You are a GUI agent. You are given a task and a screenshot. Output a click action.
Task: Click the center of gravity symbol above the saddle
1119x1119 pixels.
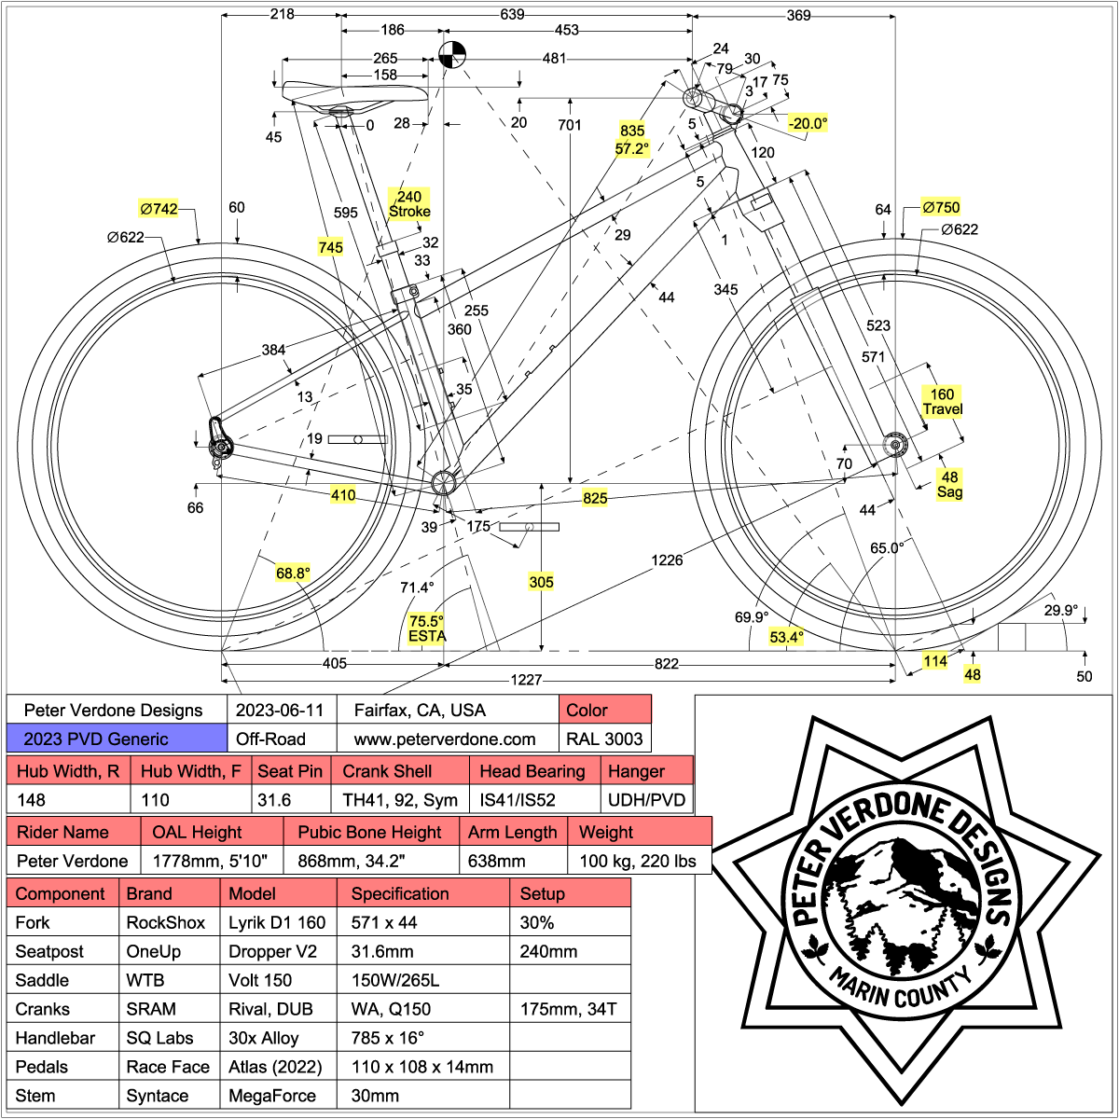[451, 55]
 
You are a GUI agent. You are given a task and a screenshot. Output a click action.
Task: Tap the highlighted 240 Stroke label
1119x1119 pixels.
[409, 203]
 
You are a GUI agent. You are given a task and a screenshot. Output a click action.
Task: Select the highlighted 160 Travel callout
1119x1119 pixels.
[943, 402]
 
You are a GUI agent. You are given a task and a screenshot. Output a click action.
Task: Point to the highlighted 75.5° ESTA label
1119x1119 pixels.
[427, 629]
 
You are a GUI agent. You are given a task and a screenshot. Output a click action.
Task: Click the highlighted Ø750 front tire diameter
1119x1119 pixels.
[940, 207]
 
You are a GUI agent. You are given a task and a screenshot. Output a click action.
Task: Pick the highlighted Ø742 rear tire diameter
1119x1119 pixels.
[159, 209]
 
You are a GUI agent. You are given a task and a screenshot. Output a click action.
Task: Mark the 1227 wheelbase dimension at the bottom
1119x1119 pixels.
[527, 680]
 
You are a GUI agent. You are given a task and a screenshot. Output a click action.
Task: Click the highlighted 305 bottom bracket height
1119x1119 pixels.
[541, 582]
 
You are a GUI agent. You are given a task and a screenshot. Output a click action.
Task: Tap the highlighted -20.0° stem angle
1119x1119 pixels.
[808, 123]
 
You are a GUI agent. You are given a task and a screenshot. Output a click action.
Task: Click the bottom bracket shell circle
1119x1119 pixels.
[443, 482]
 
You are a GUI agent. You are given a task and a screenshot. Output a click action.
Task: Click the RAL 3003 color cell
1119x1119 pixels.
[604, 739]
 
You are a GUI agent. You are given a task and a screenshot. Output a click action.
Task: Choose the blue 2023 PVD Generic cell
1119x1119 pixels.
[117, 739]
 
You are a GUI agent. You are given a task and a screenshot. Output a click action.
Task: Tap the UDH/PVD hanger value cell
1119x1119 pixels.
[646, 800]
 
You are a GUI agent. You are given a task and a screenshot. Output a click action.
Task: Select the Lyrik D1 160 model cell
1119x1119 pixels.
[278, 922]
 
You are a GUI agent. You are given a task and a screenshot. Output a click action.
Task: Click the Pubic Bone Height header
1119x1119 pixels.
[370, 832]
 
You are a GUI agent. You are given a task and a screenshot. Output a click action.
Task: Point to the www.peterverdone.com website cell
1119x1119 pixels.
[446, 739]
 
